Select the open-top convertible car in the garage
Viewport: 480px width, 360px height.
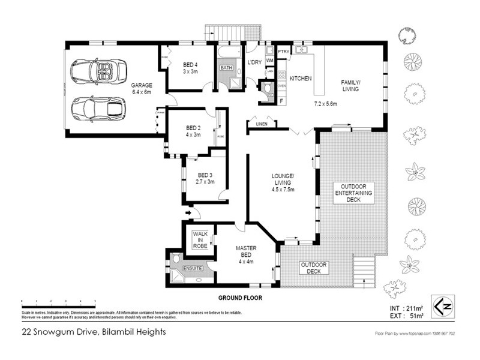[x=98, y=71]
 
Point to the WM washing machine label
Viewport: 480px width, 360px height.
[x=269, y=61]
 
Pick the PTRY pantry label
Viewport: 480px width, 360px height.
[x=283, y=52]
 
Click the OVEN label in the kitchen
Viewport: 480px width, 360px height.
[x=281, y=86]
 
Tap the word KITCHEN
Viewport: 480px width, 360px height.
[x=300, y=79]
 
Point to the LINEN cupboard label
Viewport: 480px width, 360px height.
[x=262, y=124]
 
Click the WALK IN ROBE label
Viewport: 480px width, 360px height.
[x=200, y=239]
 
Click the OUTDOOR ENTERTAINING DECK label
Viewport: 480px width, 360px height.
[x=353, y=193]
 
